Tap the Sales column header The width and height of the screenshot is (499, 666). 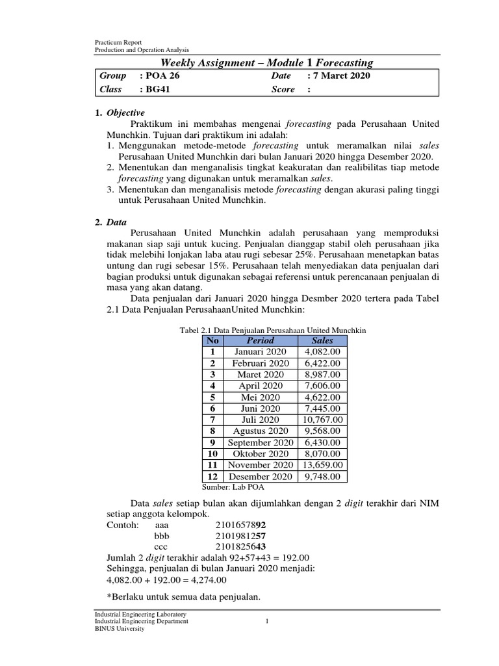pyautogui.click(x=322, y=340)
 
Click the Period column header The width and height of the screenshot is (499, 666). pyautogui.click(x=260, y=340)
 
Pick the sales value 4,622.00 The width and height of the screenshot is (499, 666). pyautogui.click(x=322, y=397)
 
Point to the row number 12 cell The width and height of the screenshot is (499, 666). pyautogui.click(x=212, y=477)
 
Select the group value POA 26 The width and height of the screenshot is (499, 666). pyautogui.click(x=160, y=75)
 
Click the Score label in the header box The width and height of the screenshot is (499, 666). pyautogui.click(x=284, y=89)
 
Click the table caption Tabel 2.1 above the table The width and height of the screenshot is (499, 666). pyautogui.click(x=272, y=330)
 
